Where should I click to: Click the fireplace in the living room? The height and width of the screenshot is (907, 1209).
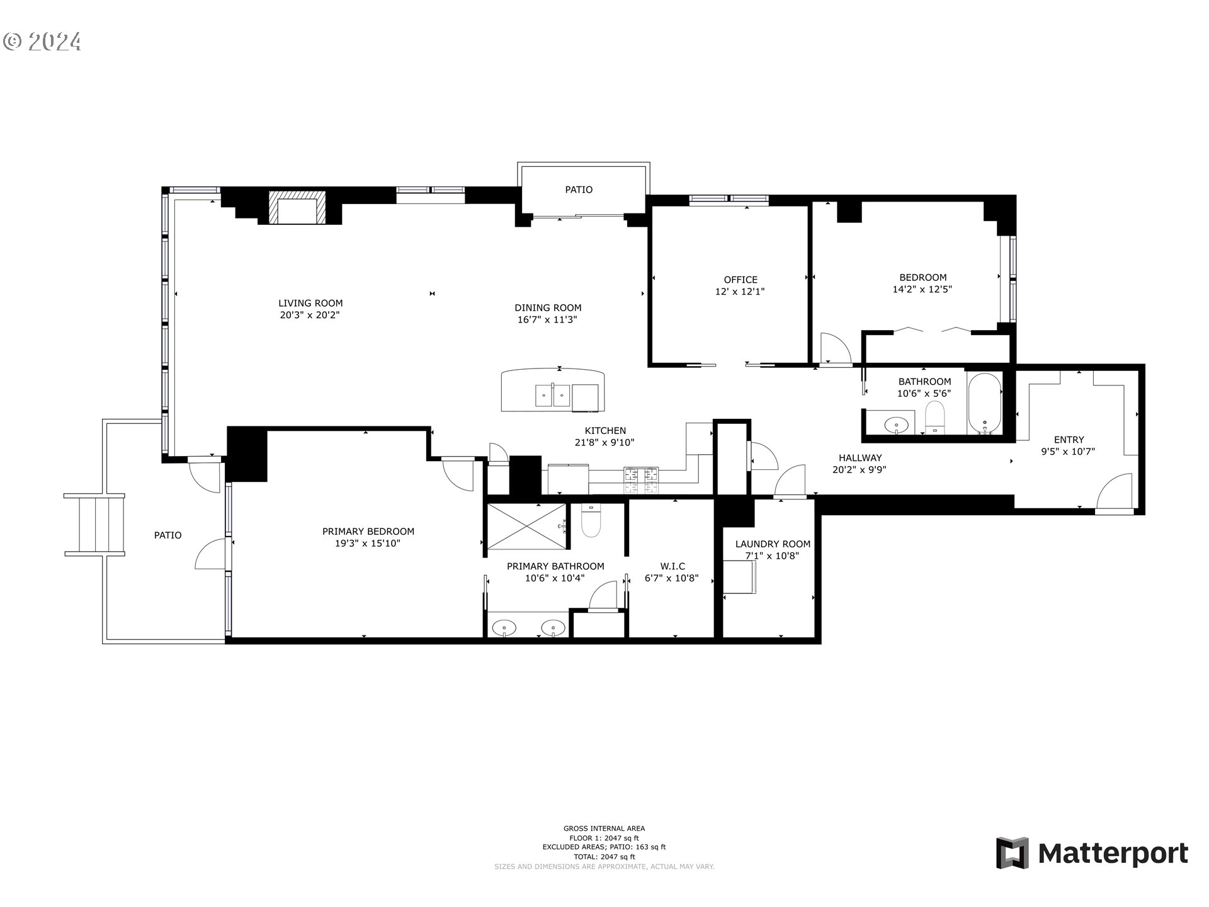(297, 207)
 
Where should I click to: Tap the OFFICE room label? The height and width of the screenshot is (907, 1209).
(740, 280)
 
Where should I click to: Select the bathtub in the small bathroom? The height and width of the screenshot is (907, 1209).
(984, 404)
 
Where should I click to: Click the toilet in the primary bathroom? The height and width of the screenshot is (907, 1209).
(591, 522)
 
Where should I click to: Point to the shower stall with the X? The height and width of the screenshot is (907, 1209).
(525, 527)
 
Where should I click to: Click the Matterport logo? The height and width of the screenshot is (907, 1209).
(1092, 853)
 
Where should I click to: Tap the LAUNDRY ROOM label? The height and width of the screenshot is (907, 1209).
(773, 544)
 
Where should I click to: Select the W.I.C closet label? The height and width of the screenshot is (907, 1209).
(673, 566)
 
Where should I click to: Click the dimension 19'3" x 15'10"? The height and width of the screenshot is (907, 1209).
(368, 544)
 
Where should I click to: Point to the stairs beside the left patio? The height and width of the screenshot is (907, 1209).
(95, 525)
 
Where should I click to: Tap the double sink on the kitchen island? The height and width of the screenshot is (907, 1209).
(552, 396)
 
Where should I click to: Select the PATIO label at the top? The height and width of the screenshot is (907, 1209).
(578, 190)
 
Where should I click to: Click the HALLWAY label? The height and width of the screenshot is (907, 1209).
(860, 458)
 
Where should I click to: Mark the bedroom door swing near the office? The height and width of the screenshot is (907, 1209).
(835, 348)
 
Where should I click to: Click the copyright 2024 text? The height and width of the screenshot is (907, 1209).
(42, 42)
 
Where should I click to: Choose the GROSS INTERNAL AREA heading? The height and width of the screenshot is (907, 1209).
(604, 828)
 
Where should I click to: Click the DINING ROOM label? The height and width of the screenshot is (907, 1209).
(548, 308)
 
